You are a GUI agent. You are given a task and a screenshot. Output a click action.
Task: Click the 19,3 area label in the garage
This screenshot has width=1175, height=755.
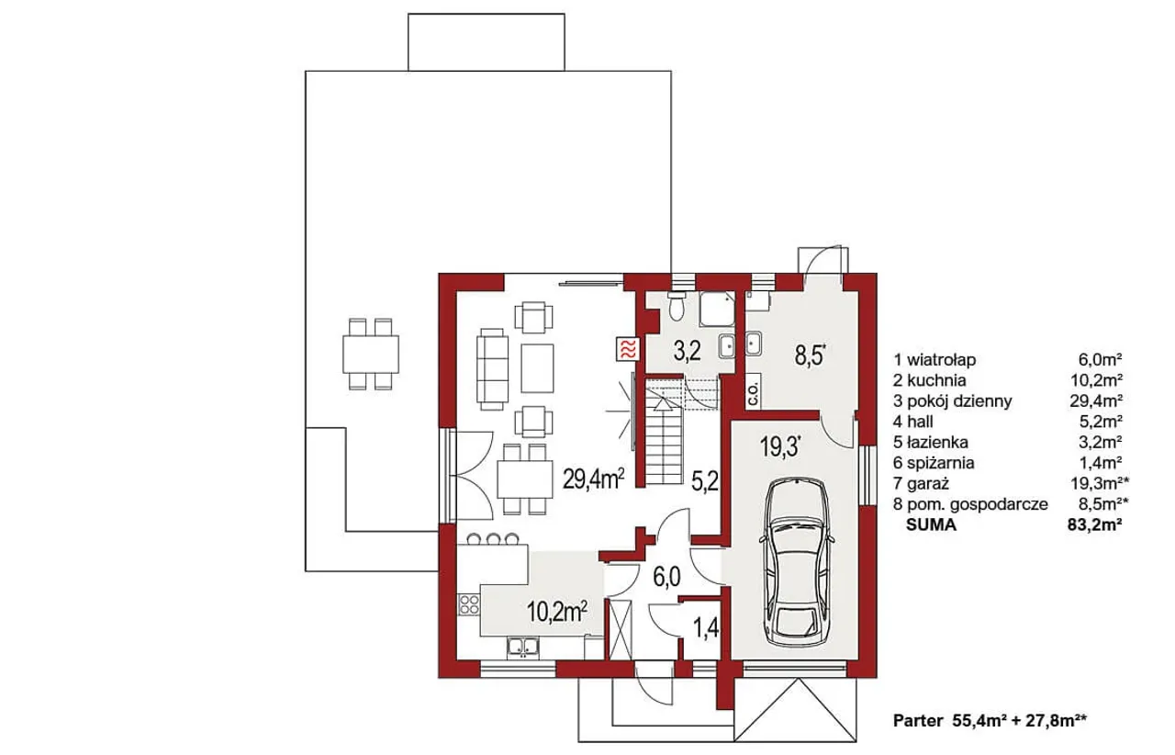[780, 447]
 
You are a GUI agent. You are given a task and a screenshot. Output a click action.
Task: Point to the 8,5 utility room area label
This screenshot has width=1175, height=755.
[811, 355]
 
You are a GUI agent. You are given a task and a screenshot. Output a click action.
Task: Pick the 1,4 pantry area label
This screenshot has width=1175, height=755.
[706, 628]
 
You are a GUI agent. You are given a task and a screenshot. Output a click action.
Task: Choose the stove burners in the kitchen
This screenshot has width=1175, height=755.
[102, 603]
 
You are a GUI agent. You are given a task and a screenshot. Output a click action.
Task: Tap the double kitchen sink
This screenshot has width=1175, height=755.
[156, 648]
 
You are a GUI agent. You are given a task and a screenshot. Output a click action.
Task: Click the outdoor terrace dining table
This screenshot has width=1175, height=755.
[371, 354]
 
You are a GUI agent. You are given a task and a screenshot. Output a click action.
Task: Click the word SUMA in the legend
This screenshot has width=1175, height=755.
[931, 525]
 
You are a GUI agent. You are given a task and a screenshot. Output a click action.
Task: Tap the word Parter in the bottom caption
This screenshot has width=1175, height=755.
[918, 721]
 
